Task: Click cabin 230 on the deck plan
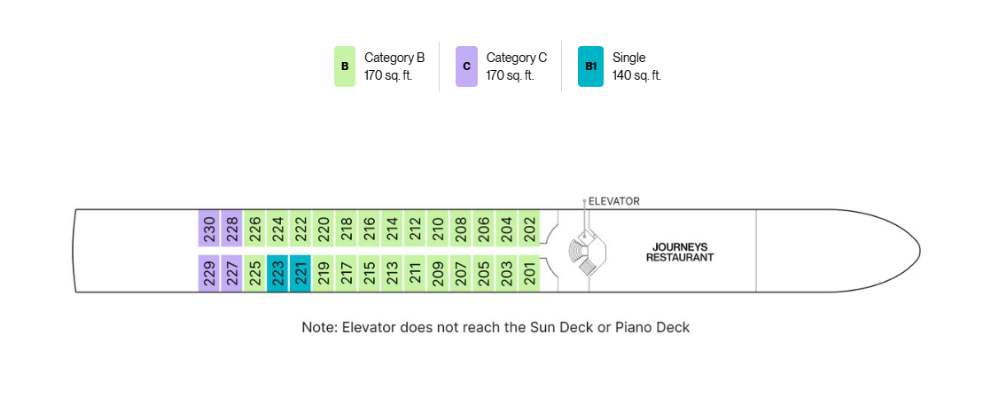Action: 208,228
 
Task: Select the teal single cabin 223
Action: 277,274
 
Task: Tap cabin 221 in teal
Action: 300,274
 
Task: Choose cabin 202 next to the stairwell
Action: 529,228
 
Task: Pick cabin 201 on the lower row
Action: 529,274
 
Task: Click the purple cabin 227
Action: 231,274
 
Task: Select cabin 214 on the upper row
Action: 392,228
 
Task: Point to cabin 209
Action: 438,274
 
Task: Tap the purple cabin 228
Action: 231,228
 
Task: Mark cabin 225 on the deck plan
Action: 254,274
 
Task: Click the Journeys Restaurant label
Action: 680,253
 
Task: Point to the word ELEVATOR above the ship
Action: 613,201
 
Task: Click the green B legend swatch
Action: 345,66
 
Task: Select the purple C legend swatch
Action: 466,66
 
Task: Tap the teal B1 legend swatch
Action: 590,66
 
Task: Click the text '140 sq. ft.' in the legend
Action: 636,75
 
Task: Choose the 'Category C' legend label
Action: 517,58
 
